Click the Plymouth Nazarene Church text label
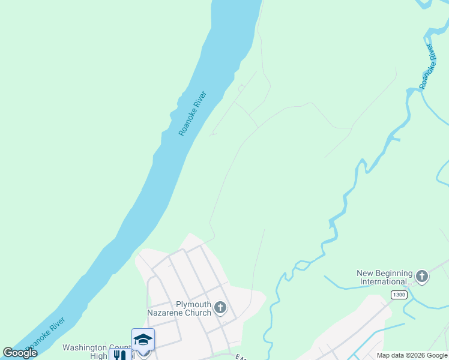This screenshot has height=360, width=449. tap(179, 308)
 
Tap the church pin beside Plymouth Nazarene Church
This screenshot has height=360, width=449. tap(220, 308)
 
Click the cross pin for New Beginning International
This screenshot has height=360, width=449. tap(422, 277)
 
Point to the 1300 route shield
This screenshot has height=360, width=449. tap(398, 295)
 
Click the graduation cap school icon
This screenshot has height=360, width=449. tap(143, 340)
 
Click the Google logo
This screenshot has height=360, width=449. tap(20, 353)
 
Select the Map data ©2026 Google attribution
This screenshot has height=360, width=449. tap(412, 355)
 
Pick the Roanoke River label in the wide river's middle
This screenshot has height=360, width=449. tap(193, 113)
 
